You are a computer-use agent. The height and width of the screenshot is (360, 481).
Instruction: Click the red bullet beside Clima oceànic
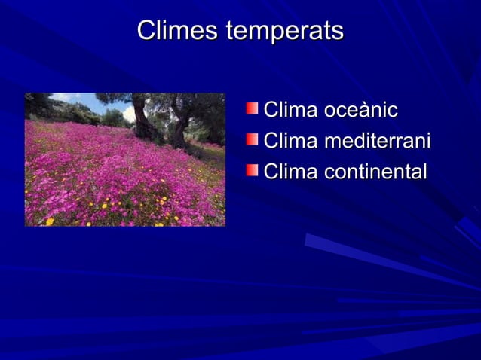click(x=252, y=110)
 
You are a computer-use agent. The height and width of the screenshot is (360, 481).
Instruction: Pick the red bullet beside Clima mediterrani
click(x=252, y=140)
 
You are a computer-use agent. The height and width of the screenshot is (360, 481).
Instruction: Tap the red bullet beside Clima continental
click(x=252, y=170)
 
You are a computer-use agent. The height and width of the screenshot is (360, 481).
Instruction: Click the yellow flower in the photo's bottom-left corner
click(x=50, y=221)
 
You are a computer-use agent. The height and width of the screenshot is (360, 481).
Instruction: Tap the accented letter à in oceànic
click(x=367, y=111)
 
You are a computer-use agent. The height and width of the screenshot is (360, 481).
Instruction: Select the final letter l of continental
click(x=424, y=172)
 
